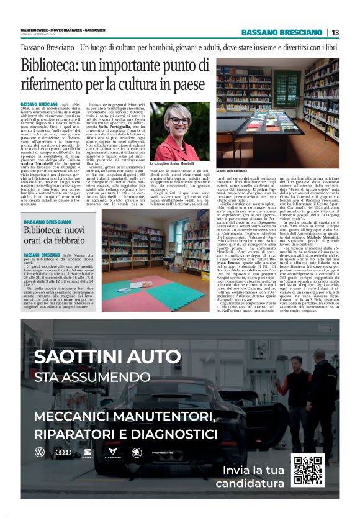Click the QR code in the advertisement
tap(308, 469)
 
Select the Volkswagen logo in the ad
tap(40, 452)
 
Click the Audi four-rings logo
tap(63, 452)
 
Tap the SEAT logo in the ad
tap(88, 453)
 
